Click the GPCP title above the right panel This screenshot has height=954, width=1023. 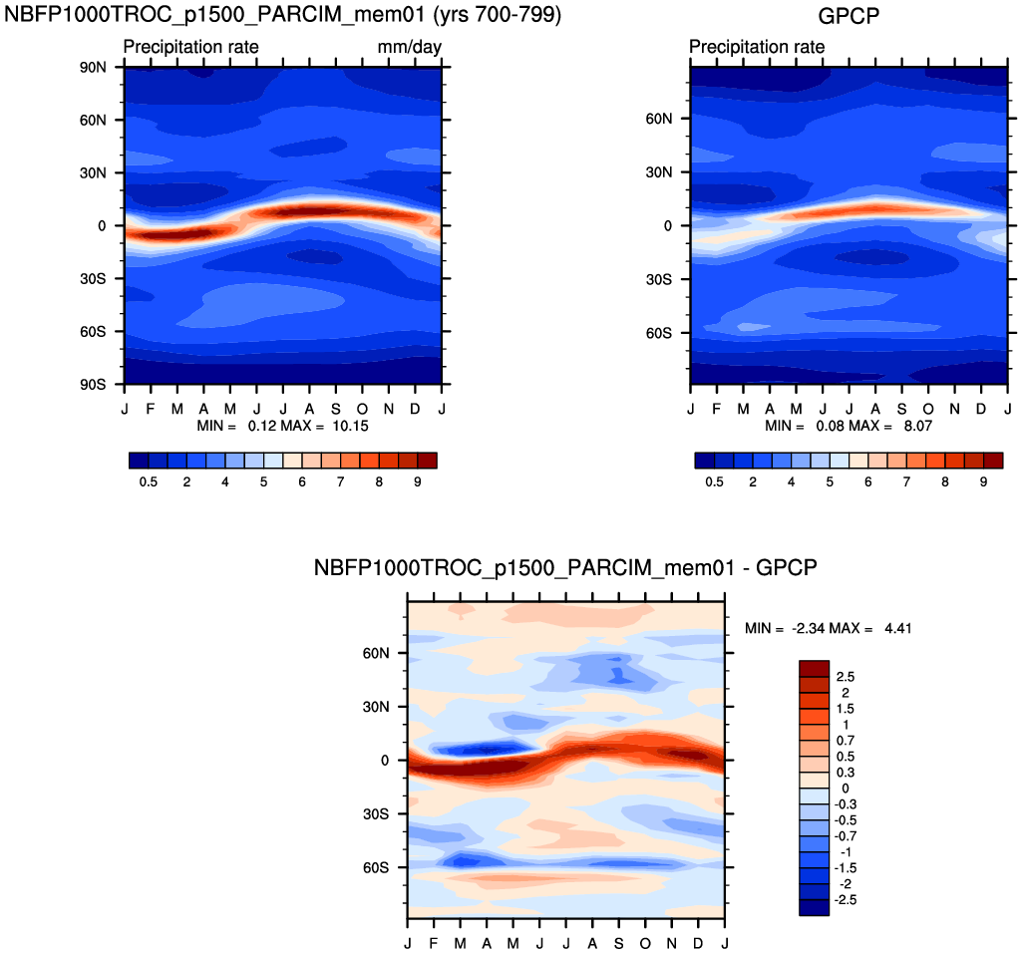848,16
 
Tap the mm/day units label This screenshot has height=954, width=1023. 410,47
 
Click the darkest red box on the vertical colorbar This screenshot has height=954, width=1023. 814,667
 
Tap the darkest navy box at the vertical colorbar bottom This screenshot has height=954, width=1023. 814,907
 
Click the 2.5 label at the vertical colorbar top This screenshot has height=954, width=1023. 846,676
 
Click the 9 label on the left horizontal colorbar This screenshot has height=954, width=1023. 418,481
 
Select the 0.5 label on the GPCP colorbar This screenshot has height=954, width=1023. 714,481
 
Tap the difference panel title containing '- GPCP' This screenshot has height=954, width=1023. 565,568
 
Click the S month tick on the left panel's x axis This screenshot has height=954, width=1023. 336,409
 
